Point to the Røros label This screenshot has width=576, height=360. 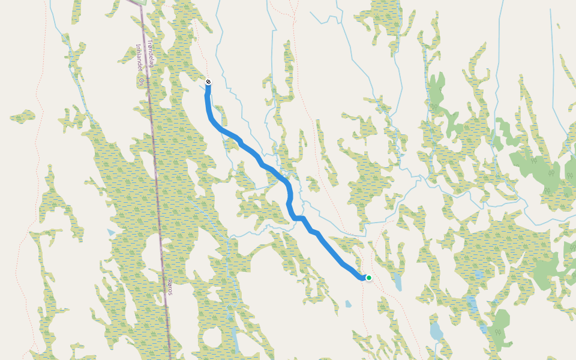coord(170,286)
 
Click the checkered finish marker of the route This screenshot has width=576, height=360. coord(208,82)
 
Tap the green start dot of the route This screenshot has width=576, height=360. coord(369,278)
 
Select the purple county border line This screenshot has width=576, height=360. coord(157,180)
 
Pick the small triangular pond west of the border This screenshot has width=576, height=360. coord(111,232)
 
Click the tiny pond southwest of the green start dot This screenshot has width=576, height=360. coord(349,304)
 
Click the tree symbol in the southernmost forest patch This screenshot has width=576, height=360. coord(497,332)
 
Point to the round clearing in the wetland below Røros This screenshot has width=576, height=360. coord(212,338)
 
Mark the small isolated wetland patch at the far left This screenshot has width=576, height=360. coord(23,116)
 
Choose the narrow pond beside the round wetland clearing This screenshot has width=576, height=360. coord(236,342)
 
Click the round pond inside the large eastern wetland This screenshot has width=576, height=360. coord(478,275)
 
